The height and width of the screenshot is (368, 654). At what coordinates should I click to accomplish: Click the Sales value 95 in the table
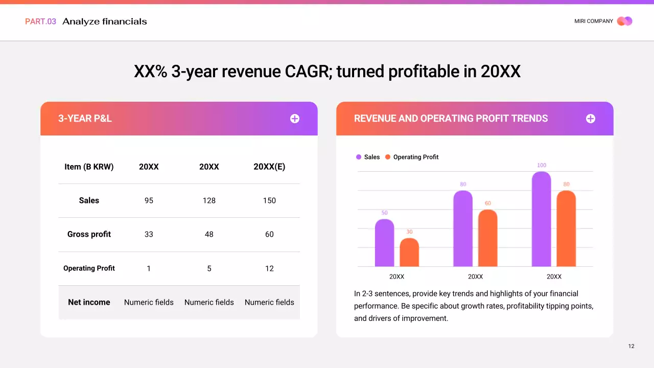point(149,200)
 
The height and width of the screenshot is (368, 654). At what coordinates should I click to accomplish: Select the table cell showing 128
point(209,200)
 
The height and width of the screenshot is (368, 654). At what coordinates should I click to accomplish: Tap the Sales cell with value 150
point(269,200)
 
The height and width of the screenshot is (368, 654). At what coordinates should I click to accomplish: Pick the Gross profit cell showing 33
point(149,234)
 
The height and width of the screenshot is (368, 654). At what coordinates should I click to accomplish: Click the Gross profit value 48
point(209,234)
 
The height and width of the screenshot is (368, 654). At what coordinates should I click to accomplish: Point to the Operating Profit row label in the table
point(89,268)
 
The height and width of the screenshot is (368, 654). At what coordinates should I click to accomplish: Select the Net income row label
point(89,302)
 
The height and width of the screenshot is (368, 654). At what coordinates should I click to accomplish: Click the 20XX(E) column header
point(269,167)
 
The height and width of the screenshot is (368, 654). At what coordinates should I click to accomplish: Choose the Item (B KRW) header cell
point(89,167)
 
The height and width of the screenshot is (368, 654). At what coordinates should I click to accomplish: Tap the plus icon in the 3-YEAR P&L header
point(295,119)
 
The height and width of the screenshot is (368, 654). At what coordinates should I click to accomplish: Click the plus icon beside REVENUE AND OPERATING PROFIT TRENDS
point(591,119)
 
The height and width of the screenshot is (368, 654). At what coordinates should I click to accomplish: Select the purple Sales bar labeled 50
point(384,243)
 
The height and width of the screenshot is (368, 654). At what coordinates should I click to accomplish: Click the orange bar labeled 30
point(409,252)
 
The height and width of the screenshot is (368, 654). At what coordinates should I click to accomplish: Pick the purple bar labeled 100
point(542,219)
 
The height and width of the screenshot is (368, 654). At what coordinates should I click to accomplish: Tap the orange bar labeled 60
point(488,238)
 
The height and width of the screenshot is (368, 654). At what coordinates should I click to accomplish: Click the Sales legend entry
point(368,157)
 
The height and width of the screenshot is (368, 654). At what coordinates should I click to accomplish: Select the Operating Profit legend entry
point(412,157)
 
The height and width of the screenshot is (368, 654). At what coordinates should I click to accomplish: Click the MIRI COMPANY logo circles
point(624,21)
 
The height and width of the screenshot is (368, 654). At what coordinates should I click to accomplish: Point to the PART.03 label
point(40,21)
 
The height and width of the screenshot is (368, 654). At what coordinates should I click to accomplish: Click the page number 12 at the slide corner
point(632,346)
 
